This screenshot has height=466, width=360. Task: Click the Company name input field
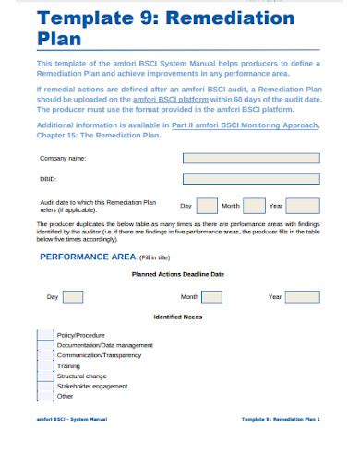click(251, 158)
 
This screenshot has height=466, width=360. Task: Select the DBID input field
click(251, 179)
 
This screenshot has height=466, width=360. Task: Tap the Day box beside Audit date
click(207, 206)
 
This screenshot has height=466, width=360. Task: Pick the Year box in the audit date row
click(304, 206)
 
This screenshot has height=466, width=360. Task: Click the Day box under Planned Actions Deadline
click(73, 297)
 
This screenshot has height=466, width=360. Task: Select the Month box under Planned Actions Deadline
click(211, 297)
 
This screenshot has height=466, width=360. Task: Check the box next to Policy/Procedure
click(45, 335)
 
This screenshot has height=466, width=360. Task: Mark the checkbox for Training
click(45, 366)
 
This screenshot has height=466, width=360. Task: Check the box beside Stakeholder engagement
click(45, 387)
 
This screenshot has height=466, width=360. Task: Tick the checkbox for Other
click(45, 397)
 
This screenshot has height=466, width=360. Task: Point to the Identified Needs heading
click(178, 317)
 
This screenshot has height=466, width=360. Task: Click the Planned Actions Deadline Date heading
click(178, 274)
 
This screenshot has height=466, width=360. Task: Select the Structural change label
click(81, 376)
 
